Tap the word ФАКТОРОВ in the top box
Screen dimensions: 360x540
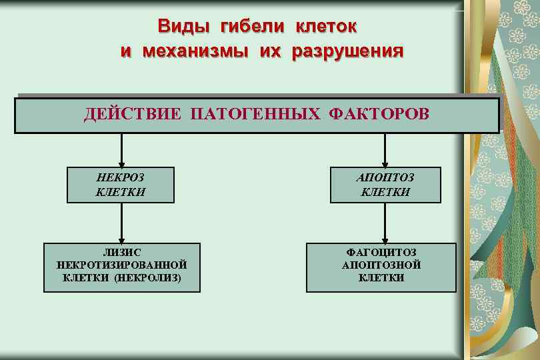pos(378,114)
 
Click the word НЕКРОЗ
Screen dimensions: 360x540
pos(120,178)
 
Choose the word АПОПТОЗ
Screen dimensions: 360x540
pos(385,178)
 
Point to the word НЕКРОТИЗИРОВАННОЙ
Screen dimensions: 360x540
pos(121,265)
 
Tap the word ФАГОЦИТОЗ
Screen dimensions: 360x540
pos(381,253)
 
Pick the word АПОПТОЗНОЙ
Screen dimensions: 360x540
pos(381,265)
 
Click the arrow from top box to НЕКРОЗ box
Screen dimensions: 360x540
pos(121,150)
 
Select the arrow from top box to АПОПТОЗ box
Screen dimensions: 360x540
pos(383,150)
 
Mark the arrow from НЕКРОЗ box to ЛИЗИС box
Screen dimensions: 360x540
pos(121,223)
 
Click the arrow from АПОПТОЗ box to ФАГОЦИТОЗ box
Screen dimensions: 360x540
pos(383,223)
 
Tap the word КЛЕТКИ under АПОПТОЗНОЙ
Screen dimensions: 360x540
pos(381,278)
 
